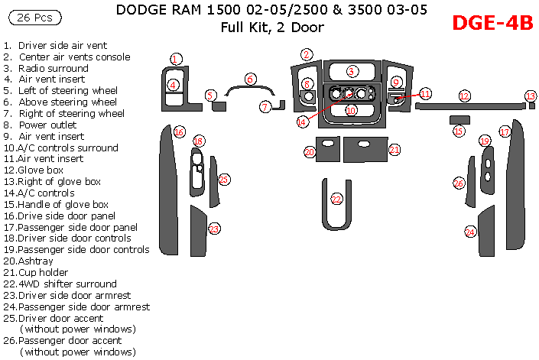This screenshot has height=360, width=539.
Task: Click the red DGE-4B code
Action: pyautogui.click(x=492, y=23)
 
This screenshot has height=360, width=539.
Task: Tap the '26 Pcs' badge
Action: pyautogui.click(x=34, y=17)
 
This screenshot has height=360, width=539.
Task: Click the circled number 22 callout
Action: pyautogui.click(x=336, y=199)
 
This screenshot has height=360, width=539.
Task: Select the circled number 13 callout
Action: pyautogui.click(x=531, y=96)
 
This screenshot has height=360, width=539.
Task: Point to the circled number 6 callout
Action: pyautogui.click(x=249, y=79)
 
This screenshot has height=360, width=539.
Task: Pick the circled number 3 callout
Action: pyautogui.click(x=352, y=71)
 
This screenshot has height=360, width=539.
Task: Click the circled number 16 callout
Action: pyautogui.click(x=179, y=132)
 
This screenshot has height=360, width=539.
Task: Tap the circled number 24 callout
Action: pyautogui.click(x=470, y=232)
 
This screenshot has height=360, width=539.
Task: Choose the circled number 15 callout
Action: pyautogui.click(x=459, y=131)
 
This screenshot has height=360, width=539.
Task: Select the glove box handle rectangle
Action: pyautogui.click(x=459, y=119)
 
